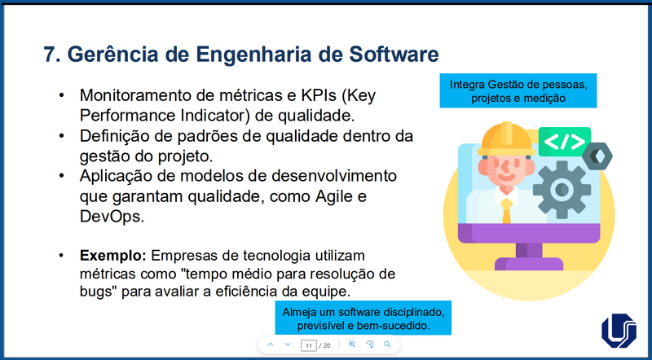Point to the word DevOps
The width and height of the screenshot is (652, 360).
click(x=112, y=217)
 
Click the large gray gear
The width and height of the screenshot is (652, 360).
click(x=562, y=188)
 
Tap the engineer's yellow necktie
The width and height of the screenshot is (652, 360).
click(x=506, y=209)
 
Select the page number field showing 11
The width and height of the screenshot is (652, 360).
click(x=308, y=345)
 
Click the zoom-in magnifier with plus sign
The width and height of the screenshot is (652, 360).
click(x=352, y=345)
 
